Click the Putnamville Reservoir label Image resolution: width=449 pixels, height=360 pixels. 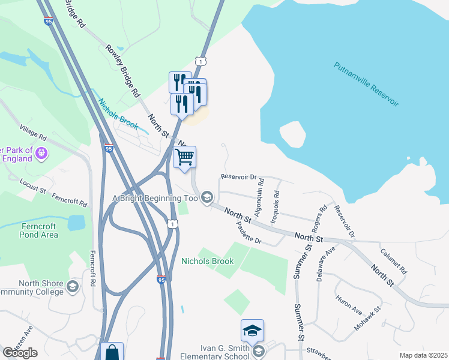click(x=366, y=85)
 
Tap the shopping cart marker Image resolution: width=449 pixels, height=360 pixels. click(x=185, y=157)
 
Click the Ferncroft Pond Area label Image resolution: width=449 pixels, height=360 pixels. click(x=40, y=230)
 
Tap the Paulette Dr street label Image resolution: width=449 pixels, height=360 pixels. click(x=249, y=233)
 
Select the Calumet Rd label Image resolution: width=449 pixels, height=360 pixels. click(x=394, y=262)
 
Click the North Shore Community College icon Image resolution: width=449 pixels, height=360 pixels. click(x=73, y=286)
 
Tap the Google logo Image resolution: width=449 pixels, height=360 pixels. click(x=20, y=353)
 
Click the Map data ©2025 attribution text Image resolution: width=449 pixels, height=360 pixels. click(x=423, y=355)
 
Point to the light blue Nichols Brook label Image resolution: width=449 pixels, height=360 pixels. click(x=119, y=115)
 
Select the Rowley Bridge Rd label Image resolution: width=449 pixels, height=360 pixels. click(x=122, y=71)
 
